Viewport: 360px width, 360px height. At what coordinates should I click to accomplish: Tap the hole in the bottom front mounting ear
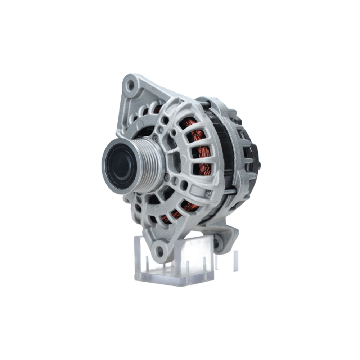(160, 249)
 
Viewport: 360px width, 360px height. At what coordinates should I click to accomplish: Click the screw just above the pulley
(155, 137)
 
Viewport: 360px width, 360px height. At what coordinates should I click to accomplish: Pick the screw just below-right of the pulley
(166, 177)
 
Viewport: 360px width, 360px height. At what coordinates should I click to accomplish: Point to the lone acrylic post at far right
(235, 261)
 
